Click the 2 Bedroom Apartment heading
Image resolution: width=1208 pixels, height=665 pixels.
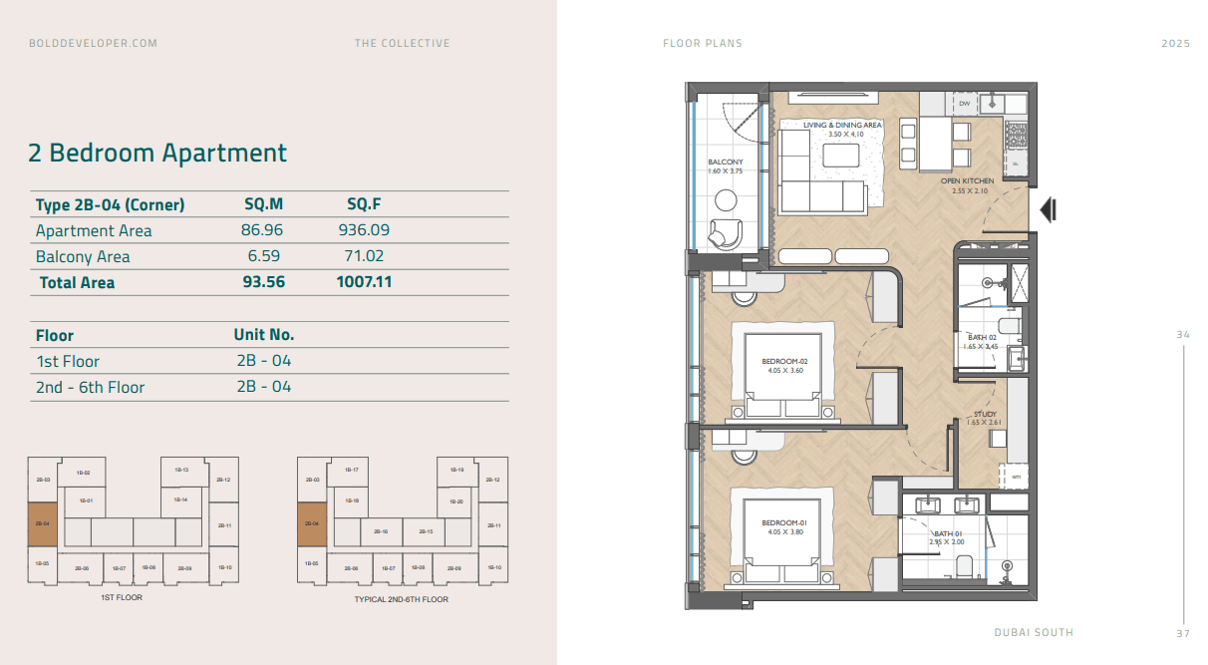[157, 153]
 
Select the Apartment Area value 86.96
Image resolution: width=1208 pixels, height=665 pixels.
[264, 230]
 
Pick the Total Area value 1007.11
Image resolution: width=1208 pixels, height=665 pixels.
[364, 282]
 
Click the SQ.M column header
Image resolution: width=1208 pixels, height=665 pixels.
[264, 204]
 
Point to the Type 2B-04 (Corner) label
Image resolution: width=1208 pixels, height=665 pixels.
[110, 204]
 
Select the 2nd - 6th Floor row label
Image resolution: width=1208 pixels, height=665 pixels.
[90, 387]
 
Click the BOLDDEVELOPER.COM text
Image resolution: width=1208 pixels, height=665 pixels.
[94, 43]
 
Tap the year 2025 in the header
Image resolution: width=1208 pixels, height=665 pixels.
[1176, 43]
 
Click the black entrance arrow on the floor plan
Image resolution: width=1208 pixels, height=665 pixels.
[1048, 210]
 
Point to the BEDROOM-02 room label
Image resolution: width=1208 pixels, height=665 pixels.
[783, 361]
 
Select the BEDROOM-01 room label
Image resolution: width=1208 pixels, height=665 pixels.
[783, 522]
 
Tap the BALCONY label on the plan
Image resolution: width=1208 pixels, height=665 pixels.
[725, 162]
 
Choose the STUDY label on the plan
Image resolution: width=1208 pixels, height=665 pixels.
[985, 414]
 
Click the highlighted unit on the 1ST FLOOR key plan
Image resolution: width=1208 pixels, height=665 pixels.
[42, 523]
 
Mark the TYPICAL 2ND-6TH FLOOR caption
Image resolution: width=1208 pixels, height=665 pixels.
[401, 599]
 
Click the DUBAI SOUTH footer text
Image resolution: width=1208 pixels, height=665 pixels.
[1034, 632]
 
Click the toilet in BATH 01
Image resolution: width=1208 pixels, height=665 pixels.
[964, 566]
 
